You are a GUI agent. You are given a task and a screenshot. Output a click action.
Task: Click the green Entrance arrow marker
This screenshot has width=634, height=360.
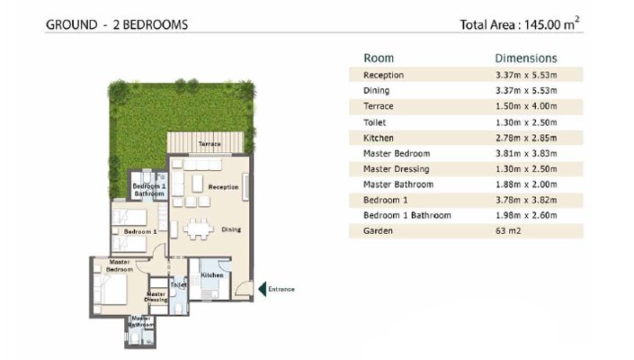[x=263, y=289]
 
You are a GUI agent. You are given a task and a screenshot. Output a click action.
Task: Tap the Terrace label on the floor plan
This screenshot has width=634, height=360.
[x=210, y=144]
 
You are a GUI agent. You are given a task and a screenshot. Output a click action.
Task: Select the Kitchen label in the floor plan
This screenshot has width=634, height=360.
[x=212, y=275]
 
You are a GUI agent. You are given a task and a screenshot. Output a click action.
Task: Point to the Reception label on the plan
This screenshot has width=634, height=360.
[x=223, y=187]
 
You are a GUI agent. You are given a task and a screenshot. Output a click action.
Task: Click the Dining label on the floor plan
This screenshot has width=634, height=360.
[x=231, y=229]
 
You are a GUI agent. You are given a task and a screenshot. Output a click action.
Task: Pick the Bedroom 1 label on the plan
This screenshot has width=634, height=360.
[x=140, y=232]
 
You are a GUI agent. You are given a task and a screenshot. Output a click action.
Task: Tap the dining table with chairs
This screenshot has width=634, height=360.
[x=199, y=229]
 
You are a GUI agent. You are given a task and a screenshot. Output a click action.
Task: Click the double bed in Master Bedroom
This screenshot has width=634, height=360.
[x=111, y=289]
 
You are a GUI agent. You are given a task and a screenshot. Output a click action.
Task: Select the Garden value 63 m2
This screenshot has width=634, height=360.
[x=508, y=231]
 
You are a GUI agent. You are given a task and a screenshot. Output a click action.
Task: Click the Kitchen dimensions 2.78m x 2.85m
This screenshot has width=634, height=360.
[x=526, y=138]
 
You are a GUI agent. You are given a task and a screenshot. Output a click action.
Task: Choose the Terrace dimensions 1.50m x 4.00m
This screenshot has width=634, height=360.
[x=526, y=106]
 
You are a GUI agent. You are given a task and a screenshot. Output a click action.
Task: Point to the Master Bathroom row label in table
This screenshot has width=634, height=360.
[x=398, y=184]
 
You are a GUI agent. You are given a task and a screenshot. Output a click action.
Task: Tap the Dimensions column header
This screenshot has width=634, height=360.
[x=526, y=58]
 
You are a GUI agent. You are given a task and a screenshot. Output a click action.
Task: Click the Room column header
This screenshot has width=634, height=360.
[x=379, y=58]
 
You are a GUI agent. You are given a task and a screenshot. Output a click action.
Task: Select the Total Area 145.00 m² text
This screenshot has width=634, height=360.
[x=520, y=23]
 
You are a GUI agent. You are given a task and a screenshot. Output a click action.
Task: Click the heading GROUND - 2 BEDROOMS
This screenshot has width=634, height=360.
[x=117, y=24]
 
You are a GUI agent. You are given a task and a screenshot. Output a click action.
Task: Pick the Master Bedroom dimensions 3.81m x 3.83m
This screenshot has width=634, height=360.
[x=526, y=154]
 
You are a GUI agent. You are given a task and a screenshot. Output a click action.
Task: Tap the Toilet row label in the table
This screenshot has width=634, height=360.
[x=374, y=122]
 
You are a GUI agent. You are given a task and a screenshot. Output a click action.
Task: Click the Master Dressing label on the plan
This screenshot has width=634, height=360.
[x=156, y=297]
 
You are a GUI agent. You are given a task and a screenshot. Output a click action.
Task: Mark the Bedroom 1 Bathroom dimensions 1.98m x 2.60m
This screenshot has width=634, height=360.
[x=526, y=216]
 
